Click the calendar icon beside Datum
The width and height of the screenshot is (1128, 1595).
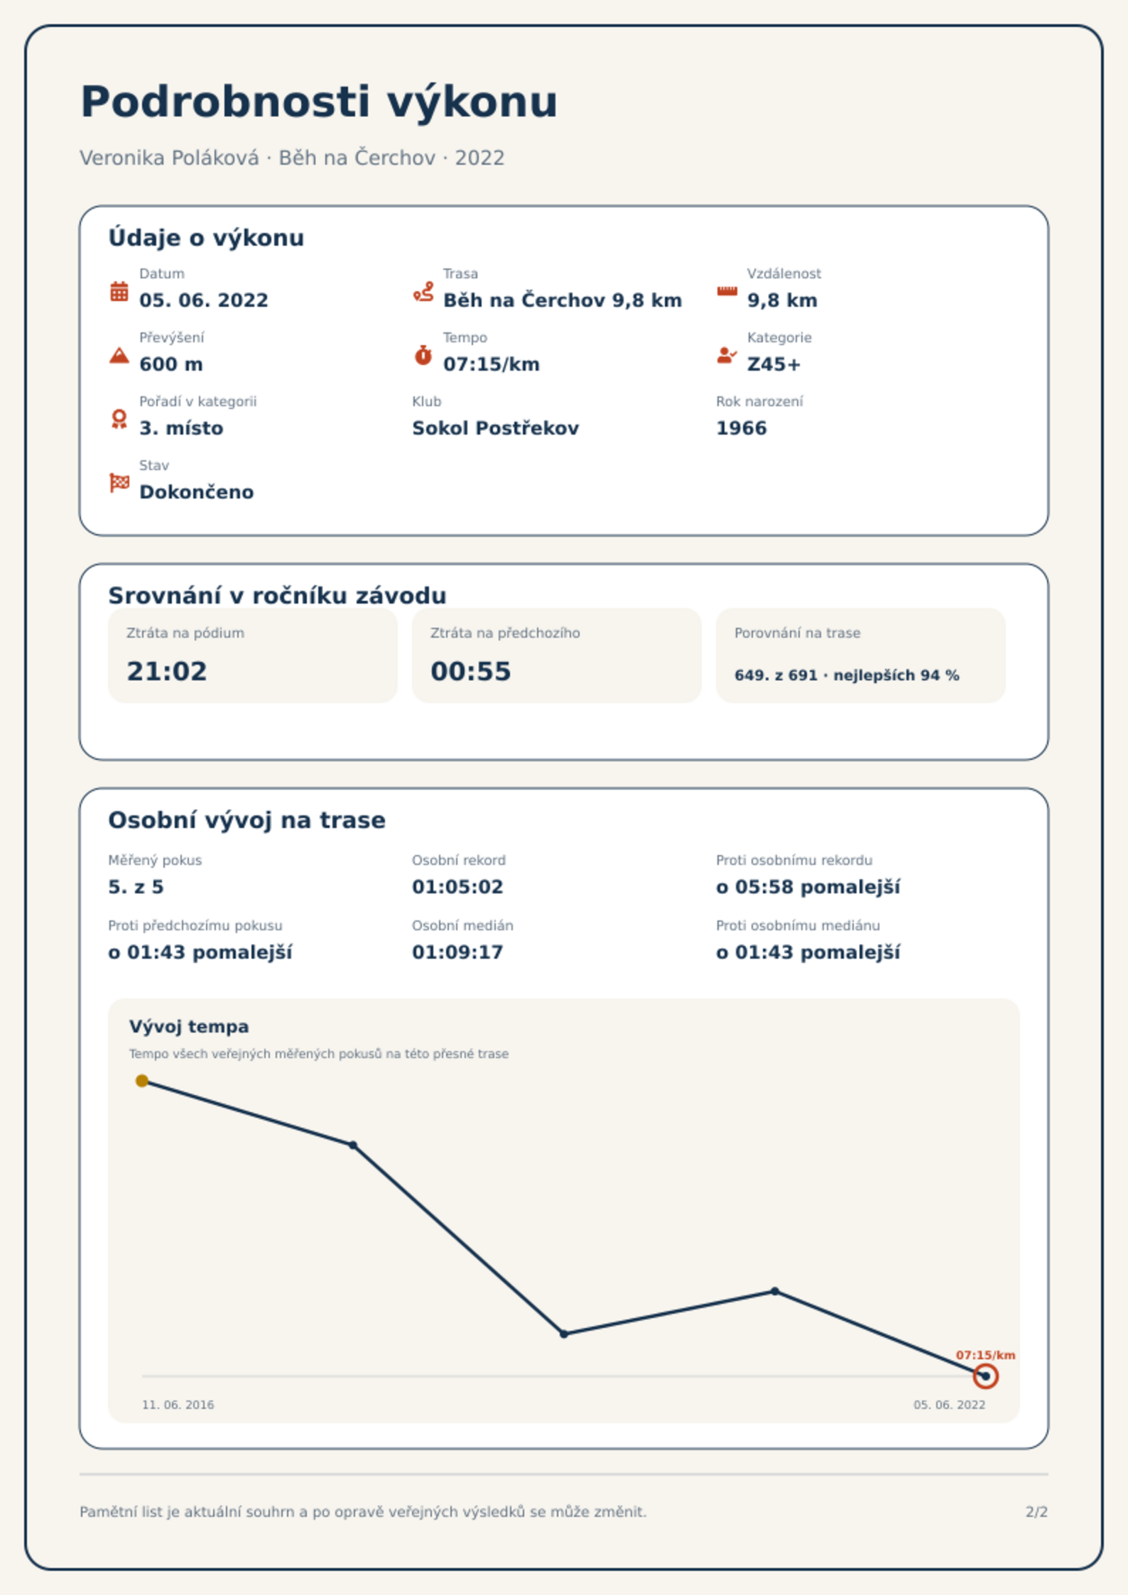pyautogui.click(x=119, y=291)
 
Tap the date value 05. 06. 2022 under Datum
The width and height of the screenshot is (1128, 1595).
pyautogui.click(x=204, y=300)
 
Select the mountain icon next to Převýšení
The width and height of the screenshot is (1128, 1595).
pyautogui.click(x=119, y=355)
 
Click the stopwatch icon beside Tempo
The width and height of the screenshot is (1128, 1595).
pyautogui.click(x=423, y=355)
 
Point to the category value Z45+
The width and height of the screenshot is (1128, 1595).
pyautogui.click(x=774, y=364)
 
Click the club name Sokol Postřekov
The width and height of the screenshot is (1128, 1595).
pyautogui.click(x=495, y=428)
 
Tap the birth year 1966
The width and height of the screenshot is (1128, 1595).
pyautogui.click(x=742, y=428)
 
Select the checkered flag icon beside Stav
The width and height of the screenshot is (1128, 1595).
pyautogui.click(x=119, y=483)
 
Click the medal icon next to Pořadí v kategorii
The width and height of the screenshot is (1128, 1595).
pyautogui.click(x=119, y=419)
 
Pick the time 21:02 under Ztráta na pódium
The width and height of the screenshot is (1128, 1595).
pyautogui.click(x=167, y=671)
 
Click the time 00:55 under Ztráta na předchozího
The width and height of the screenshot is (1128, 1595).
pyautogui.click(x=471, y=671)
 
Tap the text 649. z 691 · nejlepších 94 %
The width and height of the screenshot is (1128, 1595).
pyautogui.click(x=847, y=675)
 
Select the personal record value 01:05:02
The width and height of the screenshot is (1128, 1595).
pyautogui.click(x=457, y=887)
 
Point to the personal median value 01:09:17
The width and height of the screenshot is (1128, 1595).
pyautogui.click(x=457, y=952)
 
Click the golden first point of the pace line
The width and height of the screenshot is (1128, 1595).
pyautogui.click(x=142, y=1081)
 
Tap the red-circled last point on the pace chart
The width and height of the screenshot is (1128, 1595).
pyautogui.click(x=985, y=1376)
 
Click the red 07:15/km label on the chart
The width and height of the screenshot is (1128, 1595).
pyautogui.click(x=985, y=1355)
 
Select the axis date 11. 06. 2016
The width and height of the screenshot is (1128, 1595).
pyautogui.click(x=178, y=1405)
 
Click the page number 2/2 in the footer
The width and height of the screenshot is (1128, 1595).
pyautogui.click(x=1036, y=1512)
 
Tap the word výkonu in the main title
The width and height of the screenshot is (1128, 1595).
pyautogui.click(x=472, y=102)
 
